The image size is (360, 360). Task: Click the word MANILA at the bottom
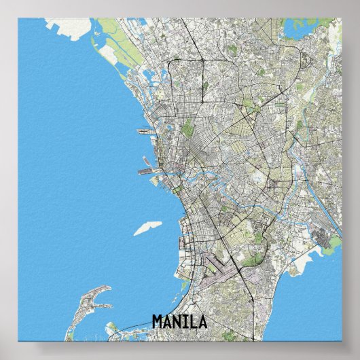pyautogui.click(x=179, y=321)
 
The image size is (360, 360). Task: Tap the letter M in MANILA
pyautogui.click(x=158, y=321)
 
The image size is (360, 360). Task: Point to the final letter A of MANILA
pyautogui.click(x=202, y=321)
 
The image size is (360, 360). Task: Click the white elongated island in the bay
pyautogui.click(x=149, y=228)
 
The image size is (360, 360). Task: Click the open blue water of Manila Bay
pyautogui.click(x=75, y=170)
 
